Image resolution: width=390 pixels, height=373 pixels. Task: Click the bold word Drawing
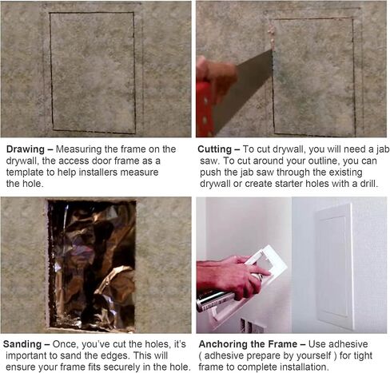(26, 149)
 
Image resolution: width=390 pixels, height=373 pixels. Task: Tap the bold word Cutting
(215, 149)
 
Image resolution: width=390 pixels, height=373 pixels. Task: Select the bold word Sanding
(22, 344)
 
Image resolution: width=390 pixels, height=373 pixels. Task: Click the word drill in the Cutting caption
(369, 184)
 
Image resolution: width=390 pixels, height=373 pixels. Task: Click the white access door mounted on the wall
(335, 266)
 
